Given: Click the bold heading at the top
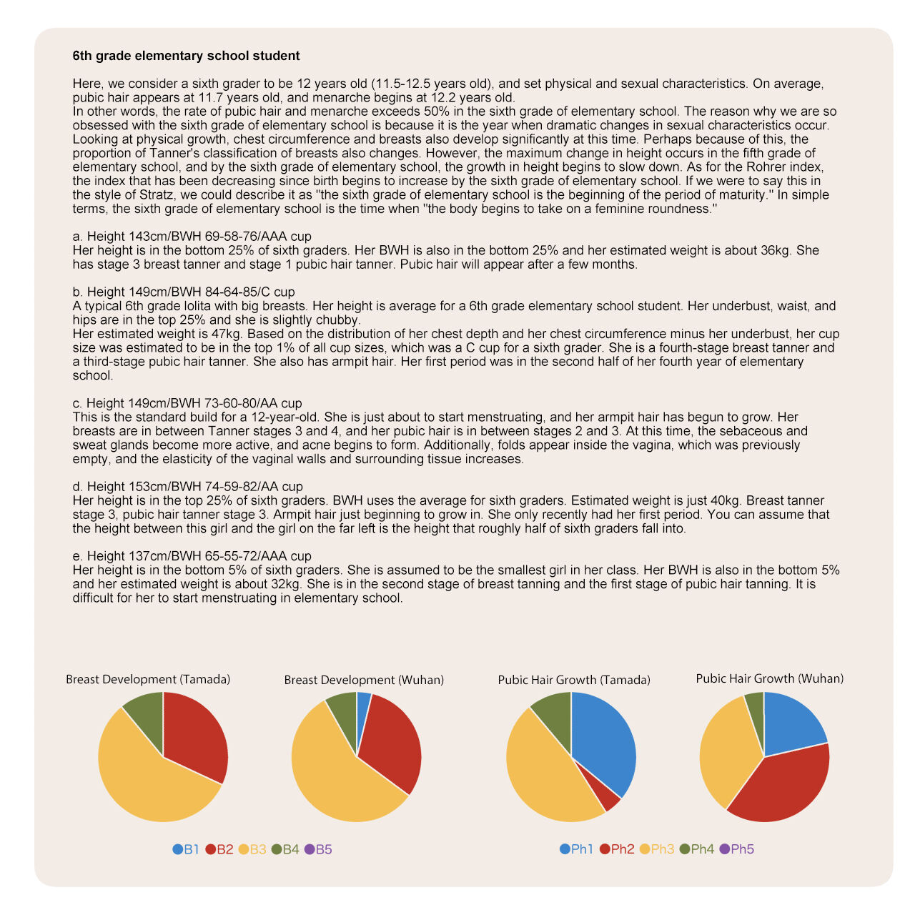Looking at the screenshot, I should coord(186,56).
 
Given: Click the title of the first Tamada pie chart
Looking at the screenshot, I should coord(148,680).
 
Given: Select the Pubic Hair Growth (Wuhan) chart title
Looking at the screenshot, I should coord(769,678).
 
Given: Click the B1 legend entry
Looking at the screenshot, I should coord(186,849).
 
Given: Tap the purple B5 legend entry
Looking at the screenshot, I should coord(318,849).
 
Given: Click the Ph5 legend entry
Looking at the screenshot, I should coord(736,849).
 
